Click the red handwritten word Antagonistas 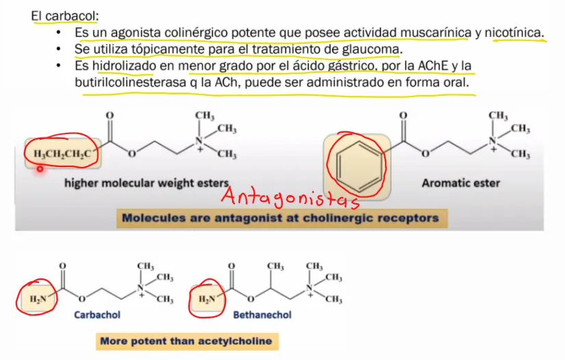click(290, 197)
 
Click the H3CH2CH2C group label click(62, 154)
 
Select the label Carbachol click(97, 315)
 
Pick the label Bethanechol click(262, 315)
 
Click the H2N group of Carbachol click(38, 299)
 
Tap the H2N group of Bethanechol click(208, 299)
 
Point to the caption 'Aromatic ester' click(461, 183)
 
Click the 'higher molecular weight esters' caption click(147, 183)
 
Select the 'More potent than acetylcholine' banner click(187, 342)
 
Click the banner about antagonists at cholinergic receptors click(281, 218)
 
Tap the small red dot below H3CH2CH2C click(40, 168)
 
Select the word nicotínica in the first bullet click(513, 33)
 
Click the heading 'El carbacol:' click(65, 16)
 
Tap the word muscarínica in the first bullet click(436, 33)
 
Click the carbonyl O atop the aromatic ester click(403, 116)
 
